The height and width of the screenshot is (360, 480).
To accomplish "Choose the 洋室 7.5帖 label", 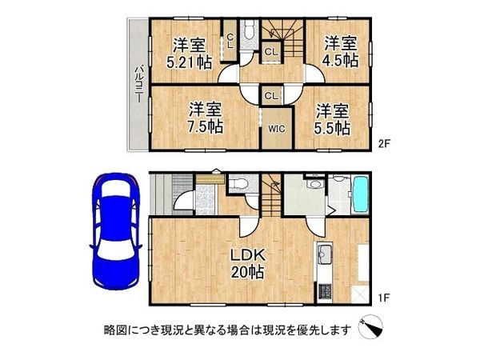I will click(x=206, y=117).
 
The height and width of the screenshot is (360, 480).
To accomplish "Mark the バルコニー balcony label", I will click(x=138, y=85).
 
